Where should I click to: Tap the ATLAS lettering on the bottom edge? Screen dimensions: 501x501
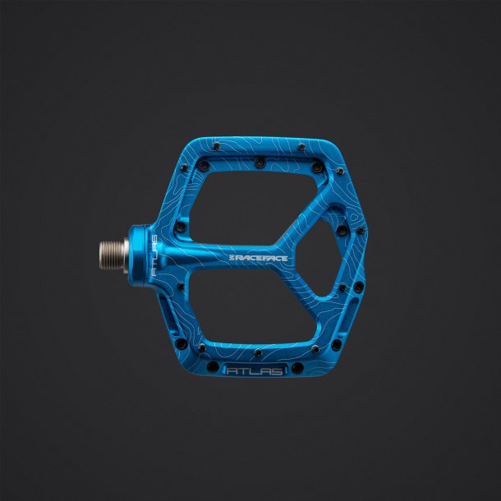253,371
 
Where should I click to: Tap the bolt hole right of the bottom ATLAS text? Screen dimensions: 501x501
295,370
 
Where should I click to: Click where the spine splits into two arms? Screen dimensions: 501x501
283,246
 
